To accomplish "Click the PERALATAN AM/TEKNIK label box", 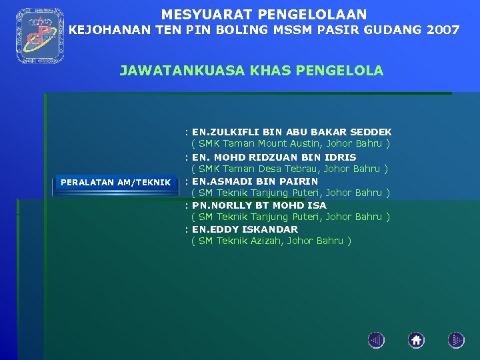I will (x=115, y=183).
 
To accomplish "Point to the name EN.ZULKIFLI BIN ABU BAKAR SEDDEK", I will (x=291, y=132).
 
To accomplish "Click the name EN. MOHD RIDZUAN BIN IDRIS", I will (x=274, y=157).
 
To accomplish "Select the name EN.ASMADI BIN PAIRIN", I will (x=255, y=181).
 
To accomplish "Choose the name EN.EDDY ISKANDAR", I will (x=245, y=229).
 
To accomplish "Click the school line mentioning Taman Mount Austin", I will (x=291, y=143).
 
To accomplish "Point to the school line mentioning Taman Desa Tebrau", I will (x=290, y=169).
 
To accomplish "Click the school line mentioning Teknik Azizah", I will (x=271, y=241).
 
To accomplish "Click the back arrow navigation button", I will (x=376, y=341).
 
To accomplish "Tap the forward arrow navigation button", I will (x=456, y=341).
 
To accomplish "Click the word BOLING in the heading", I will (x=243, y=30).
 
